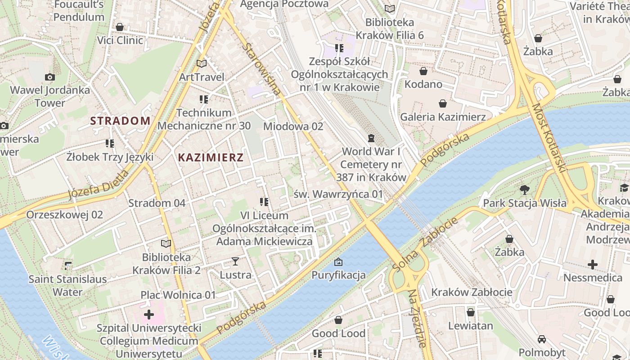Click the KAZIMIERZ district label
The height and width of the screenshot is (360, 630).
pyautogui.click(x=211, y=157)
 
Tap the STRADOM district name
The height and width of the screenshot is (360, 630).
pyautogui.click(x=120, y=121)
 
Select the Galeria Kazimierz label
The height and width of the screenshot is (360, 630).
pyautogui.click(x=443, y=117)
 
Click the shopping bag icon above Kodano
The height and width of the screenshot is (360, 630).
pyautogui.click(x=423, y=71)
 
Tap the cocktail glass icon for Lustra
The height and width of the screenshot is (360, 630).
pyautogui.click(x=235, y=261)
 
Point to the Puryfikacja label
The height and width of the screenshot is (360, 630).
pyautogui.click(x=338, y=275)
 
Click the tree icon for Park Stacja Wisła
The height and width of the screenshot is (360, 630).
pyautogui.click(x=524, y=189)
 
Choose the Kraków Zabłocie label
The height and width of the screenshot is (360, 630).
pyautogui.click(x=471, y=292)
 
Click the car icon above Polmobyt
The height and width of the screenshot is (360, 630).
pyautogui.click(x=542, y=339)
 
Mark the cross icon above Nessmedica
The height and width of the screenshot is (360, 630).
pyautogui.click(x=593, y=264)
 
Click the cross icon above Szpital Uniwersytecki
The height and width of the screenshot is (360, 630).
pyautogui.click(x=149, y=314)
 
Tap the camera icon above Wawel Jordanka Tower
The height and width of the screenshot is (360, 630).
pyautogui.click(x=50, y=77)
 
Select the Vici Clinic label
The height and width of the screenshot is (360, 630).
pyautogui.click(x=120, y=40)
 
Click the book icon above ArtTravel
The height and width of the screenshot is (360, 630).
pyautogui.click(x=202, y=64)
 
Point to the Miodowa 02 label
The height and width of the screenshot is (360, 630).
pyautogui.click(x=293, y=126)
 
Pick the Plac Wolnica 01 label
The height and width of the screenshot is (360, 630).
pyautogui.click(x=178, y=295)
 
